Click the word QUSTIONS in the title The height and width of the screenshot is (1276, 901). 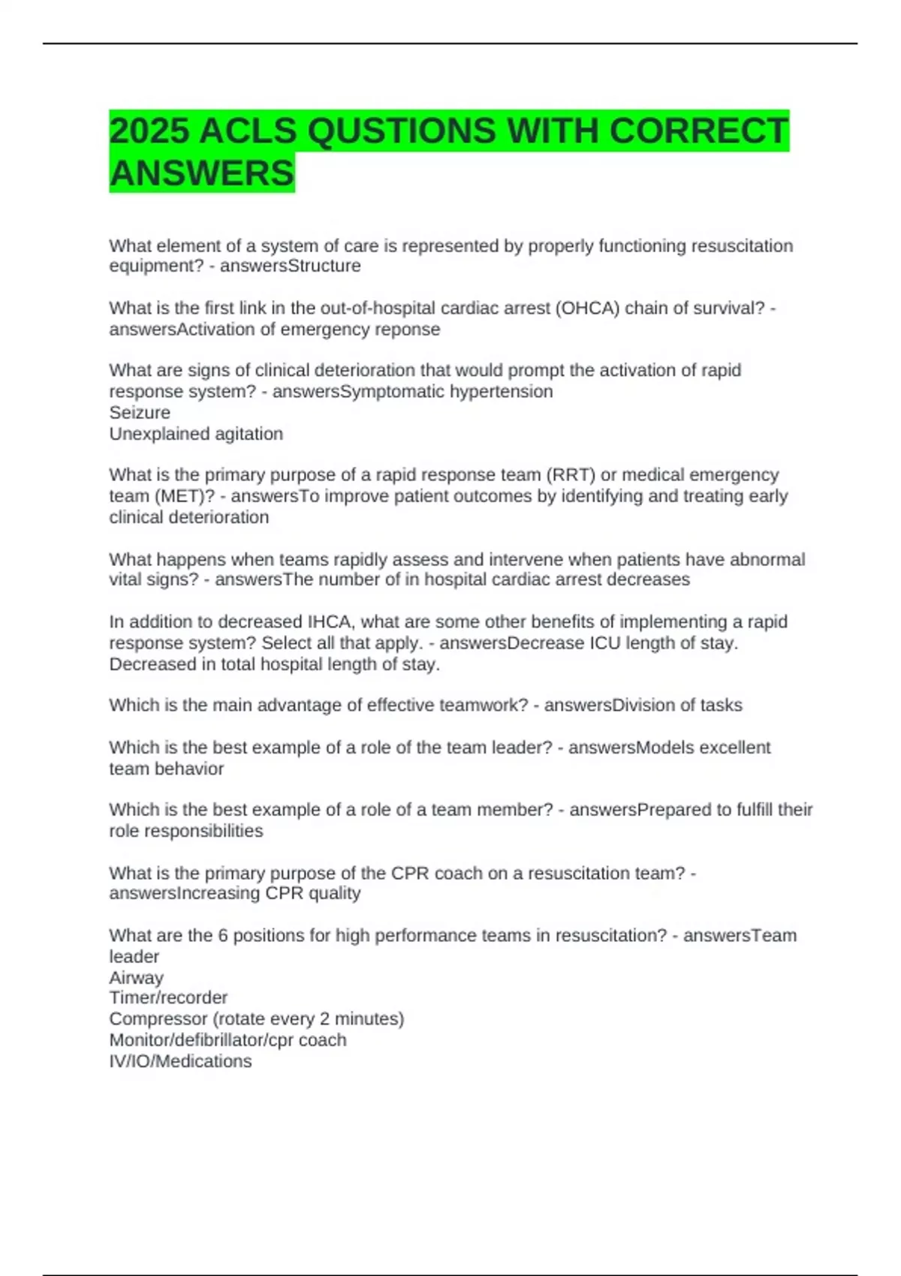pyautogui.click(x=401, y=131)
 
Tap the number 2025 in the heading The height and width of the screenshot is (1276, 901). pyautogui.click(x=149, y=131)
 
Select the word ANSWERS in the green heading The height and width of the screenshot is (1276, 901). pyautogui.click(x=202, y=173)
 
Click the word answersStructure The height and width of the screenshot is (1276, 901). pyautogui.click(x=290, y=266)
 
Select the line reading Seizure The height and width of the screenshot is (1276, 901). pyautogui.click(x=140, y=413)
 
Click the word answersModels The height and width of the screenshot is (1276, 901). pyautogui.click(x=622, y=748)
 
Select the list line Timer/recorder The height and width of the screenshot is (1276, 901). pyautogui.click(x=168, y=998)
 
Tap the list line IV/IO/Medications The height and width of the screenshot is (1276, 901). pyautogui.click(x=180, y=1061)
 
